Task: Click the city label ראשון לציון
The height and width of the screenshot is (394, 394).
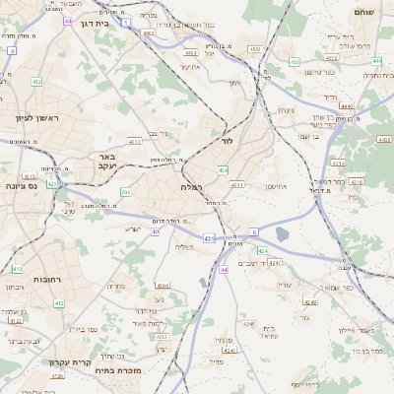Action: coord(37,118)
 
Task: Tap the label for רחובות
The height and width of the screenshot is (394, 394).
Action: coord(46,280)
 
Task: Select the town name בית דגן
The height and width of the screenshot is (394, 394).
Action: coord(96,22)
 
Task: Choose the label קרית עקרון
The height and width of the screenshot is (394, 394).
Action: coord(70,361)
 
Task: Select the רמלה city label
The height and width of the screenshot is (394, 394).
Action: coord(191,186)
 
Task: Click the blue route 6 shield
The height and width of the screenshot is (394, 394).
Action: coord(254,231)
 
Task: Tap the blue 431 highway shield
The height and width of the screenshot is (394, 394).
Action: coord(209,237)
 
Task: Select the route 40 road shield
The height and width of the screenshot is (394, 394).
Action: coord(156,231)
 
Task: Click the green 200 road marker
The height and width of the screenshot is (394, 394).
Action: coord(125,191)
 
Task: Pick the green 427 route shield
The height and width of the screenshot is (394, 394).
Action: coord(51,183)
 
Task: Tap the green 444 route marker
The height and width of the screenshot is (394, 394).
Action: coord(377,61)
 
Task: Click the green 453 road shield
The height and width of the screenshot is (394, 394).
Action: coord(295,63)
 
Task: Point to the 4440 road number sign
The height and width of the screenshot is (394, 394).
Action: coord(346,105)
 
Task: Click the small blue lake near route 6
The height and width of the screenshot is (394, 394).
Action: coord(284,233)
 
